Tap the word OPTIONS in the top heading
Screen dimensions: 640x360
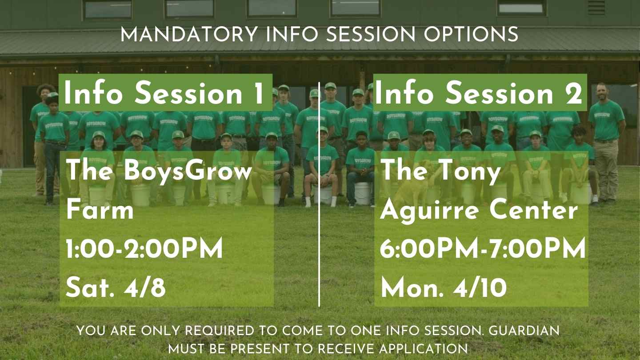(471, 34)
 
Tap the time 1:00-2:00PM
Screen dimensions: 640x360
(144, 248)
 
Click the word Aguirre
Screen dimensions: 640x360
(429, 212)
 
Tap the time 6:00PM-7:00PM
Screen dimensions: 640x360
(483, 248)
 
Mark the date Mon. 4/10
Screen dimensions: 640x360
(444, 288)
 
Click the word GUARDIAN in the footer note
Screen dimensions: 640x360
(524, 331)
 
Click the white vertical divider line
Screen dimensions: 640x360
(319, 194)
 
